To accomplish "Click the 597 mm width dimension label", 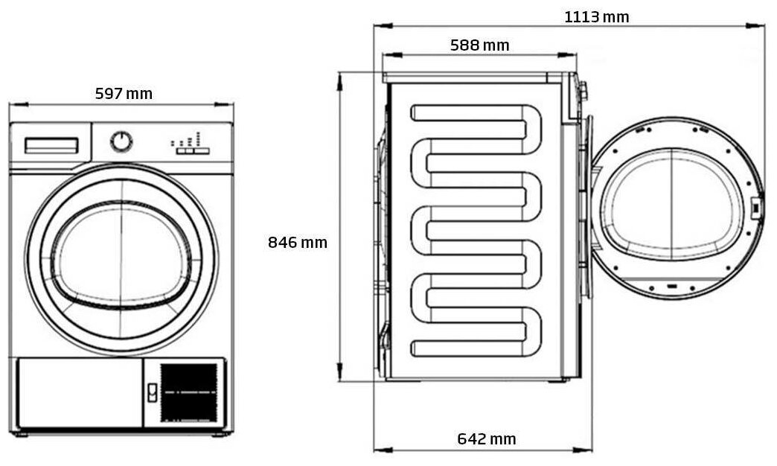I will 124,94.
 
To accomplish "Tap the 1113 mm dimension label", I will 596,16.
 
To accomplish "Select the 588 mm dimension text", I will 479,45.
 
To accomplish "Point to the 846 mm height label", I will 297,243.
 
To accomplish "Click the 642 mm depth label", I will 486,439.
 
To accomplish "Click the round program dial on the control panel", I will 121,141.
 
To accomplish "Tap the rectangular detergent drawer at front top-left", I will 51,145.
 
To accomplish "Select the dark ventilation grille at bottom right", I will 189,392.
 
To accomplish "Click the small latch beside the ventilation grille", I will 152,392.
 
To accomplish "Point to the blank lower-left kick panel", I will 77,393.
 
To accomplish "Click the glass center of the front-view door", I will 121,257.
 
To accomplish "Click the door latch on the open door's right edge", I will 755,207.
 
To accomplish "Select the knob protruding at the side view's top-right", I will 583,92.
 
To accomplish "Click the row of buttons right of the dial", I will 192,150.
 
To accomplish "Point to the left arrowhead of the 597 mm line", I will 12,105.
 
